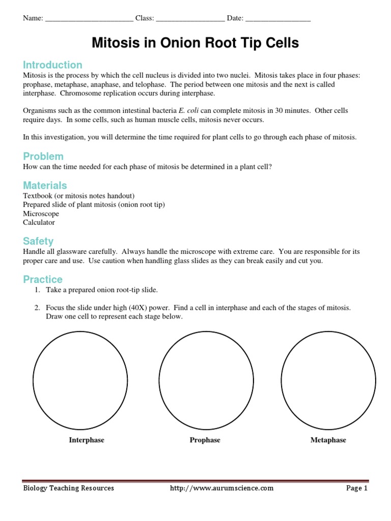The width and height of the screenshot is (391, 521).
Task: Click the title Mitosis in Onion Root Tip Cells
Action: click(195, 43)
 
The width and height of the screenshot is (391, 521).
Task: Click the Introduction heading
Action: click(52, 65)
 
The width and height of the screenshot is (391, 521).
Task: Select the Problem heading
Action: click(43, 156)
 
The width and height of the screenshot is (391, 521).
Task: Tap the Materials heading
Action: click(45, 185)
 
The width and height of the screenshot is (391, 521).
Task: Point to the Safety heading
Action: click(38, 241)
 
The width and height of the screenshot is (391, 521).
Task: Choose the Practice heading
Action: click(43, 279)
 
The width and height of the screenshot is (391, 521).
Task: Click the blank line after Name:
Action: click(89, 19)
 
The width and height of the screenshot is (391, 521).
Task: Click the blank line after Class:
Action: click(190, 19)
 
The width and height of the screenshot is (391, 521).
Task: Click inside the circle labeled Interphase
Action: click(80, 380)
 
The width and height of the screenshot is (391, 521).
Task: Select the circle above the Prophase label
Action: click(206, 380)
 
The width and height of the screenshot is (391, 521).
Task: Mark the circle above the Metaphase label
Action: click(328, 380)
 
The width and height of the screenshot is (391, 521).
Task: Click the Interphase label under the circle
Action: click(87, 440)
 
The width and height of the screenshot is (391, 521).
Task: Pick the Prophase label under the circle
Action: click(205, 440)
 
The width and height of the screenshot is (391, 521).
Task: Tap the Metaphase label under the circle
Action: click(328, 440)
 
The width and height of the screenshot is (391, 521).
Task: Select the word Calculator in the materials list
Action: click(39, 222)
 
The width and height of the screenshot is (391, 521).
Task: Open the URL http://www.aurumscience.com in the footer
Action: click(221, 488)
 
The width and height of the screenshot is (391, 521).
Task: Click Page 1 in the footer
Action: click(356, 488)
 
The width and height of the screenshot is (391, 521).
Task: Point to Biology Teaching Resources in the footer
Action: click(69, 488)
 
